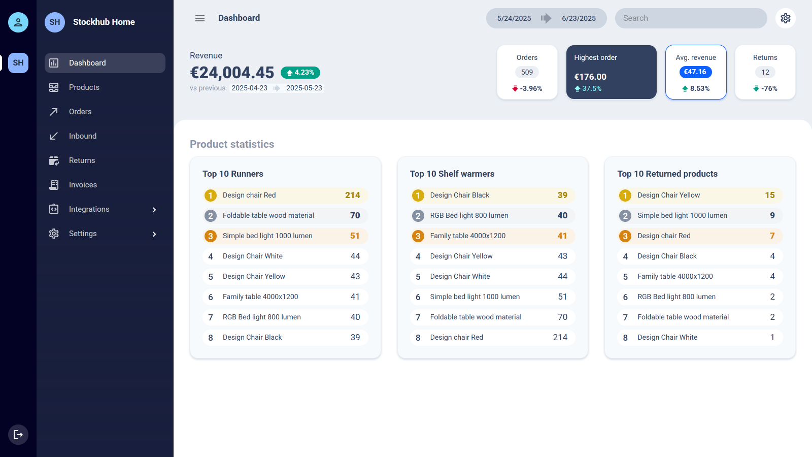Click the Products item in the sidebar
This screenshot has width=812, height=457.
(x=84, y=87)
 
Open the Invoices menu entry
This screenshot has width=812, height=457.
(x=83, y=185)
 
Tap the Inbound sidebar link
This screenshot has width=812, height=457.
(x=83, y=136)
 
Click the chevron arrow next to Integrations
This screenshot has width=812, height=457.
(x=154, y=210)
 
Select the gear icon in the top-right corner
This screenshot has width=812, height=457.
(x=786, y=18)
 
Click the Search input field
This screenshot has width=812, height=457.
(x=691, y=18)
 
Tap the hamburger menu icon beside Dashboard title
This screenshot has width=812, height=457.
(x=200, y=18)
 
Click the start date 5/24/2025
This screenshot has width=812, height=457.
(x=514, y=18)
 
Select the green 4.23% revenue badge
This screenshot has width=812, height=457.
(x=300, y=73)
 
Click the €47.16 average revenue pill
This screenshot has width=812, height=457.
(x=695, y=72)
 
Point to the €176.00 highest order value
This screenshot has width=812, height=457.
(x=590, y=77)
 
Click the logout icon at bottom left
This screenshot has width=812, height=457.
(x=18, y=435)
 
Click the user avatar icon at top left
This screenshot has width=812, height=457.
(x=18, y=22)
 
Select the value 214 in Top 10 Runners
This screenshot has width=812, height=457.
(x=353, y=195)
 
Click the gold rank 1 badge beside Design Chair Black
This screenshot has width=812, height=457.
(x=418, y=195)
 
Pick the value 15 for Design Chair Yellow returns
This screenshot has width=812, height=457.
(x=770, y=195)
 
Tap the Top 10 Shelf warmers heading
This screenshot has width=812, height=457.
(x=452, y=174)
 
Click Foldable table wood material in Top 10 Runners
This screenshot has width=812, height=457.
(x=268, y=216)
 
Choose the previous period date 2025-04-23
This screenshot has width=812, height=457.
(x=249, y=88)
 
